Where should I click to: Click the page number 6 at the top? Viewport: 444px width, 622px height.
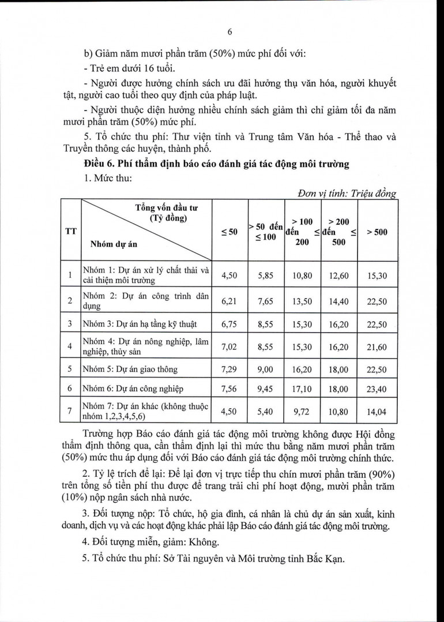pos(229,32)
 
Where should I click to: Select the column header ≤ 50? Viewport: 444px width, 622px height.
pos(229,232)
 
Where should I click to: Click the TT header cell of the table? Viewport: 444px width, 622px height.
pos(70,232)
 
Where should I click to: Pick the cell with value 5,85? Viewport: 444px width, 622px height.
pos(265,276)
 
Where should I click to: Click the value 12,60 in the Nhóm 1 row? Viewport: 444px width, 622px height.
pos(339,276)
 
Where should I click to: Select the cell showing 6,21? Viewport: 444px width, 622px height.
pos(229,301)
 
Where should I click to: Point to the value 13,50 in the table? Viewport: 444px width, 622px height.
pos(302,301)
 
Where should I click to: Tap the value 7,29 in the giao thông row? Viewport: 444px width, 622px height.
pos(229,369)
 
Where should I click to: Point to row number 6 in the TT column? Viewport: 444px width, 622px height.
pos(70,390)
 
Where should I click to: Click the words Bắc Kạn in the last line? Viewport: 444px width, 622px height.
pos(327,559)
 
